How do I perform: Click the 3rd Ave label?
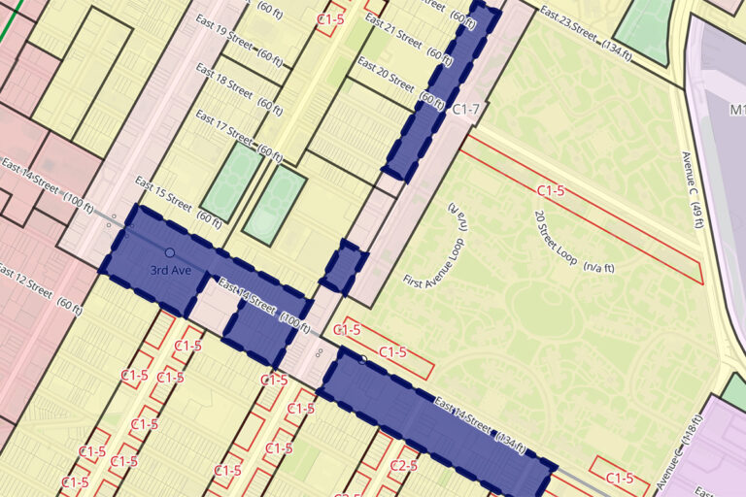(x=171, y=268)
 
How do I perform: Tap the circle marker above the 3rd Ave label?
(x=170, y=252)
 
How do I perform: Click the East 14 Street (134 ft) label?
(x=480, y=424)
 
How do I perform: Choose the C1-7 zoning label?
(x=466, y=110)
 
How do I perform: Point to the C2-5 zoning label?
(x=403, y=466)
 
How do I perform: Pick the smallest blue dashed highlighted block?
(x=343, y=267)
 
